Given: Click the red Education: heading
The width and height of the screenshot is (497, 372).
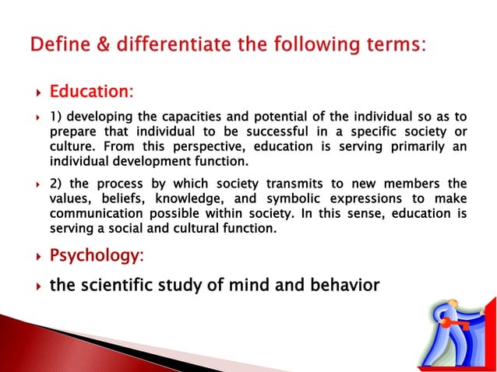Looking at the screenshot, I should [x=91, y=93].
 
